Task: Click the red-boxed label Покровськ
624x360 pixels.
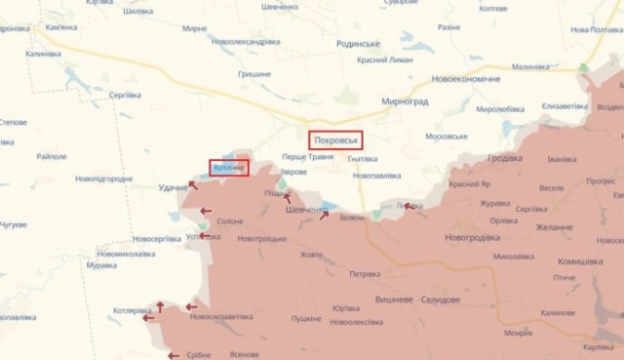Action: [x=336, y=140]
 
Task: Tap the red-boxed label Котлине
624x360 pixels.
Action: [x=228, y=168]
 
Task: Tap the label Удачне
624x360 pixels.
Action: [x=174, y=187]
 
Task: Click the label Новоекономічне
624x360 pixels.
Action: [x=466, y=78]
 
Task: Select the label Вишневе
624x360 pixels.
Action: [x=393, y=300]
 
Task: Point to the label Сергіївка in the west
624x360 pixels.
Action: [x=125, y=94]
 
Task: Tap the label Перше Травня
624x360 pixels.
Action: [x=307, y=156]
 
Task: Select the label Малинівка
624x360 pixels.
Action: [x=531, y=66]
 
